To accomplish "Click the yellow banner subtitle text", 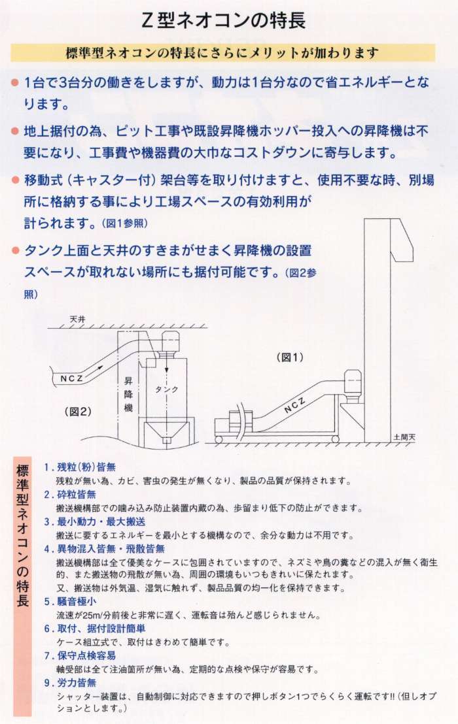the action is [x=222, y=53].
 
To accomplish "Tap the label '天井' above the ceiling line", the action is [x=78, y=320].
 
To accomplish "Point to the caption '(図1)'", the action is [x=290, y=357].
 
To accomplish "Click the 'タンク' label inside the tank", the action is [x=166, y=389].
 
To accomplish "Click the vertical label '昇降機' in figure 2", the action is [x=128, y=394].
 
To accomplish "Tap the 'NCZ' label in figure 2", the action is [x=72, y=378].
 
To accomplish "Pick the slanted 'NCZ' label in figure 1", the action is [x=294, y=405].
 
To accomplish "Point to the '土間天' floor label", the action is [x=404, y=436].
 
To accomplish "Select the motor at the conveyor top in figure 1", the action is [x=353, y=383].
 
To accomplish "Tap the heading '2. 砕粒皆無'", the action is [x=70, y=495].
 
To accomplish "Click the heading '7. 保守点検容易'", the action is [x=80, y=655].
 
